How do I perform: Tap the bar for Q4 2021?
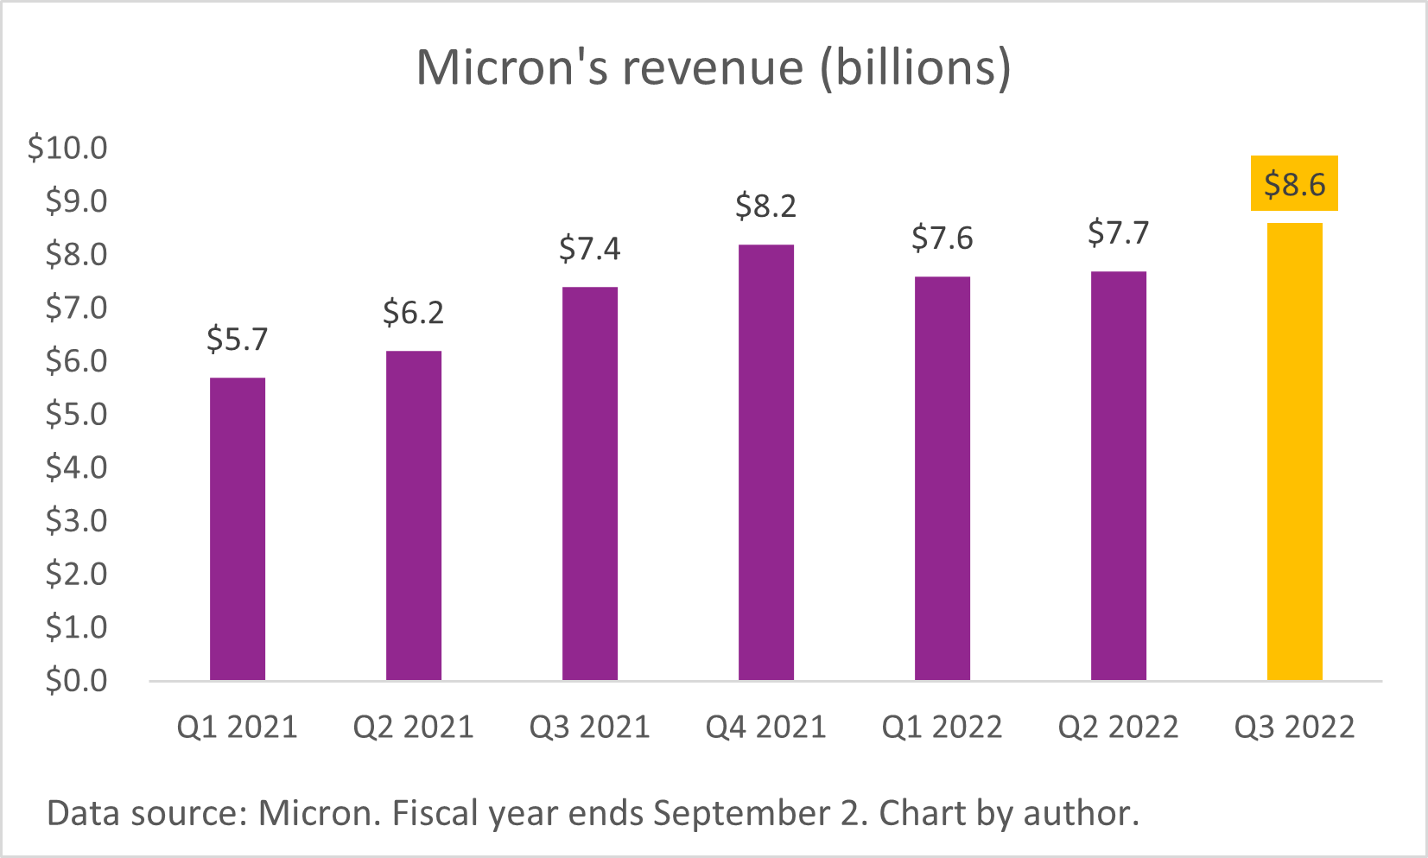point(766,462)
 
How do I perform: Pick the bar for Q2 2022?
point(1118,476)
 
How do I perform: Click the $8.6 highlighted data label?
point(1294,184)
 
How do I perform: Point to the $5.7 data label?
point(238,340)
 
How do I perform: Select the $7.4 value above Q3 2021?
point(590,249)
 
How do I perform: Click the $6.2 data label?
point(414,313)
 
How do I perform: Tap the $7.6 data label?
point(942,238)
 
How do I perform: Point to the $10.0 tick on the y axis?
point(68,148)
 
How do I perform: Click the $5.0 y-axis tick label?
point(77,415)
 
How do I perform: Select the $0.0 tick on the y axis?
point(77,681)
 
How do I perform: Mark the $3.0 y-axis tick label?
point(77,521)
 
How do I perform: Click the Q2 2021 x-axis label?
point(414,728)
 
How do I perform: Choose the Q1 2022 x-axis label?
point(942,728)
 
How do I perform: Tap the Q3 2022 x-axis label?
point(1294,728)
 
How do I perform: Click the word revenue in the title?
point(713,67)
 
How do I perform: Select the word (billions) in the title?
point(916,67)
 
